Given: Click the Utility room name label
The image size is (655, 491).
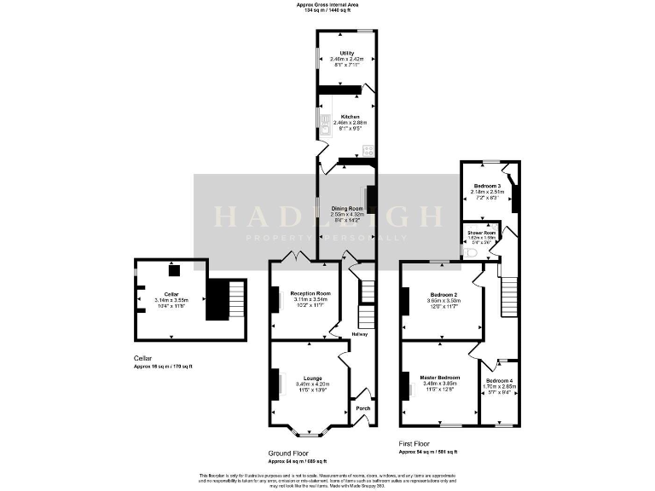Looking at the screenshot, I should pyautogui.click(x=347, y=53).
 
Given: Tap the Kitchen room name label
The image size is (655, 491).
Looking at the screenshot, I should pyautogui.click(x=350, y=116).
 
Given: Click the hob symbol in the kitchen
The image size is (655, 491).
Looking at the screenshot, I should pyautogui.click(x=368, y=150).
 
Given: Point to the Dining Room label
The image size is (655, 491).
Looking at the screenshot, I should pyautogui.click(x=347, y=208).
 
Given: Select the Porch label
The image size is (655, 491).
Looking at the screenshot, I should pyautogui.click(x=362, y=408).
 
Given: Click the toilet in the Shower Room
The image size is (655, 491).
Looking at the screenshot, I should pyautogui.click(x=471, y=252).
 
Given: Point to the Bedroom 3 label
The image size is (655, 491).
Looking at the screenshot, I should pyautogui.click(x=487, y=186).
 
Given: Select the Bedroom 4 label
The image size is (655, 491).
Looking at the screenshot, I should pyautogui.click(x=500, y=379).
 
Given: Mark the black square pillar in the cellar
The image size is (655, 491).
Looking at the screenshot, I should pyautogui.click(x=174, y=270).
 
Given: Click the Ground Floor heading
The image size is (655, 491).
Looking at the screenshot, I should pyautogui.click(x=288, y=453).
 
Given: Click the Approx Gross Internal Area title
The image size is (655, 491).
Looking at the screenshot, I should pyautogui.click(x=327, y=4).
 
